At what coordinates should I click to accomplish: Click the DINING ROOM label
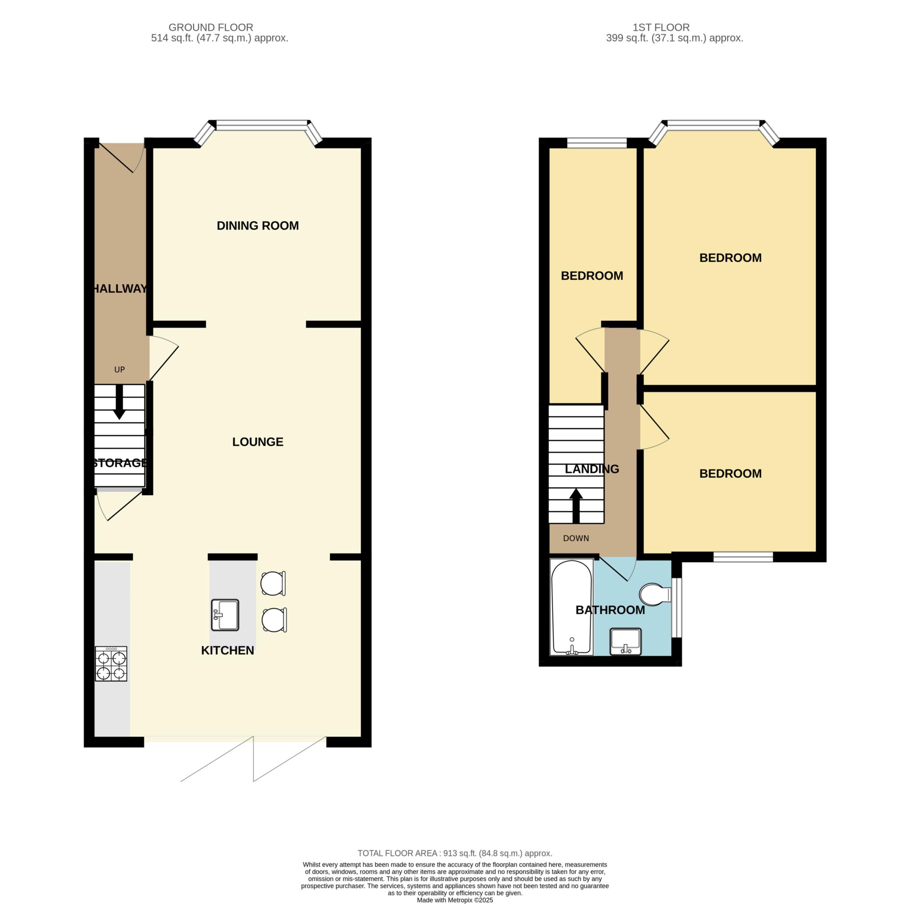coord(258,226)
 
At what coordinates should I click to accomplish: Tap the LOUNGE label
coord(258,442)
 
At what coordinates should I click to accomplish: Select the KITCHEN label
coord(227,650)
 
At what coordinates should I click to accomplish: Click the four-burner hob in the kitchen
coord(111,664)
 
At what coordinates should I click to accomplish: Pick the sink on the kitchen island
coord(225,615)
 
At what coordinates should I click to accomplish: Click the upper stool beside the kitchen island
coord(273,583)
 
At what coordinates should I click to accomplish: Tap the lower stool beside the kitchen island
coord(274,620)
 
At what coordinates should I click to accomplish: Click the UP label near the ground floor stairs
coord(120,370)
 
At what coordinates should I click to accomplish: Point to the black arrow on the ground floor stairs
coord(120,402)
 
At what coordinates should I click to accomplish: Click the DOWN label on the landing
coord(576,538)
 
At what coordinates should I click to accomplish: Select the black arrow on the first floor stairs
coord(576,506)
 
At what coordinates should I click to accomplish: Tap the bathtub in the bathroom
coord(572,607)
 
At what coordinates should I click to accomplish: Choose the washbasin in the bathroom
coord(626,641)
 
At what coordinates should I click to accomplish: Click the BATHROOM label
coord(611,610)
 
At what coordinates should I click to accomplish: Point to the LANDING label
coord(592,469)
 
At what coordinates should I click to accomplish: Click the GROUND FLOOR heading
coord(211,27)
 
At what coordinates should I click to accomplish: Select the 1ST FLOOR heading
coord(661,27)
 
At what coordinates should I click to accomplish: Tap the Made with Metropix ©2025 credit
coord(455,900)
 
